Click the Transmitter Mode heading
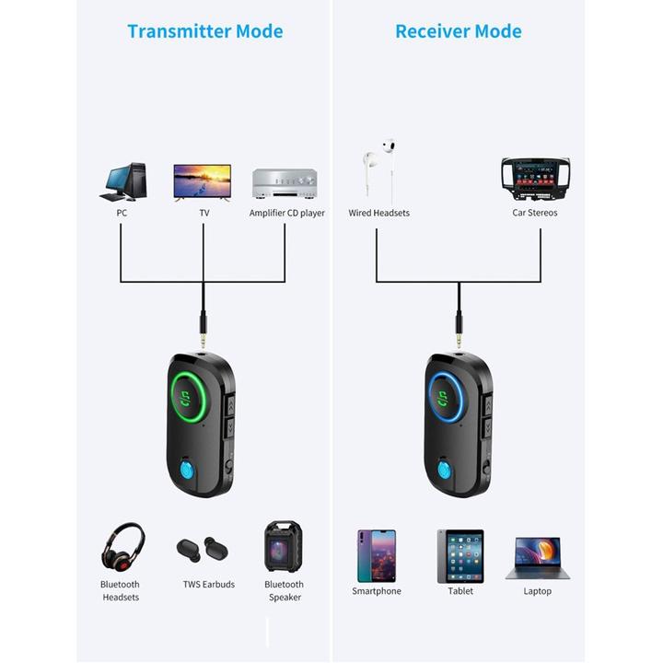coord(204,31)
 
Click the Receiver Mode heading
coord(458,31)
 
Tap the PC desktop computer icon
coord(123,182)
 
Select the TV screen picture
coord(203,182)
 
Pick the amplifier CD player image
coord(285,184)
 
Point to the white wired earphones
coord(379,168)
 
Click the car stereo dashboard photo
coord(535,179)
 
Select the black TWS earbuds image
coord(203,551)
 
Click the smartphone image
coord(376,555)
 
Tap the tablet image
coord(459,555)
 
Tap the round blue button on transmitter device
coord(187,471)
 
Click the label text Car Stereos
coord(535,213)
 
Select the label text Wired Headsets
coord(378,213)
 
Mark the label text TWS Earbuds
coord(208,585)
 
